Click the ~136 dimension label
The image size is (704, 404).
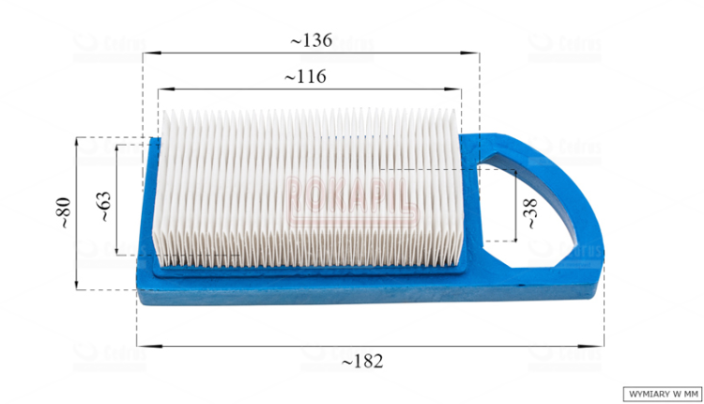311,40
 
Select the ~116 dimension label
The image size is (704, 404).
308,77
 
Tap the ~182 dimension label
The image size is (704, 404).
361,361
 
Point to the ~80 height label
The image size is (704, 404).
63,212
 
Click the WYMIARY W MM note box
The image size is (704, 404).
662,393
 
